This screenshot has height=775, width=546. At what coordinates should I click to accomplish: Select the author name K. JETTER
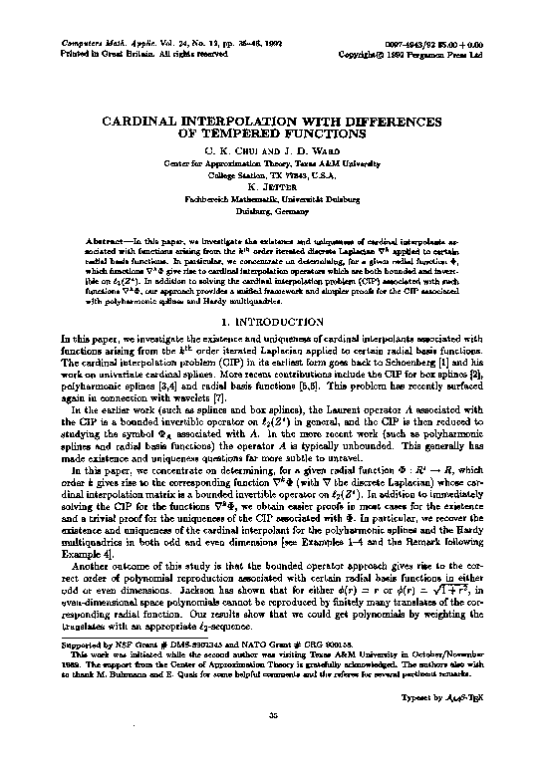click(272, 186)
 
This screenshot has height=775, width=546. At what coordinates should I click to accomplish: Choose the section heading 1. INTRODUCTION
click(272, 322)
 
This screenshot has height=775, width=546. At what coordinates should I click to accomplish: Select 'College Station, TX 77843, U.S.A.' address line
click(272, 173)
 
